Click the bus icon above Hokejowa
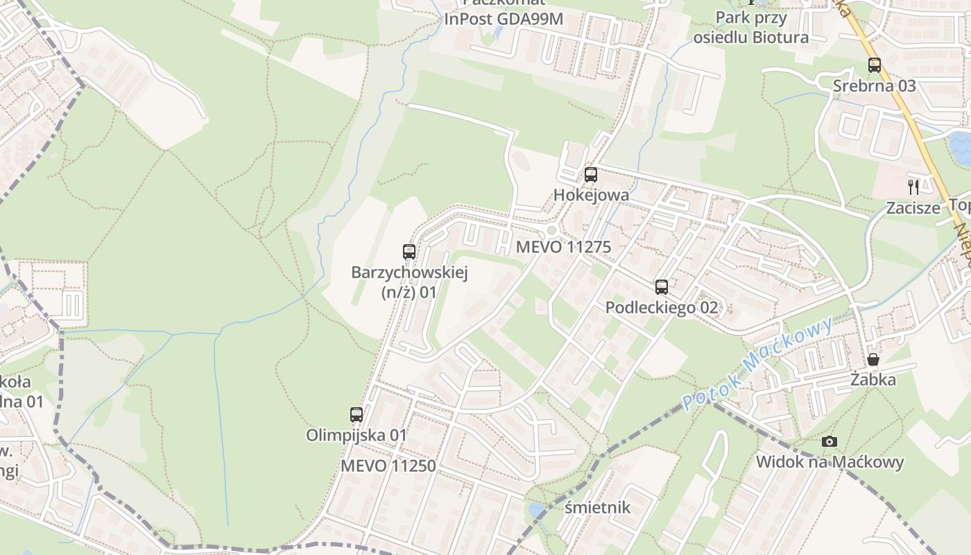click(590, 174)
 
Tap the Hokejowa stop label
click(591, 195)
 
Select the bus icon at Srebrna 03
click(874, 65)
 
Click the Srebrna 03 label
click(874, 86)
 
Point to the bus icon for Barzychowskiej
click(409, 251)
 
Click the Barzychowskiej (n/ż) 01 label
click(409, 282)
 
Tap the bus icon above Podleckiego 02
click(662, 287)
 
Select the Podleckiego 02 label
click(662, 307)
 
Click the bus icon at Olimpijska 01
click(356, 415)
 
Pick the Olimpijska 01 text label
click(356, 435)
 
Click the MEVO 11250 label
click(388, 466)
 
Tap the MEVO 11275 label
click(563, 247)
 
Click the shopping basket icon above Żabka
click(873, 359)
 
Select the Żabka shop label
click(873, 379)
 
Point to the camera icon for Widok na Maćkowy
click(829, 441)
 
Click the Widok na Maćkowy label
click(830, 462)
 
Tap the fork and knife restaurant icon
click(913, 187)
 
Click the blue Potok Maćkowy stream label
click(757, 364)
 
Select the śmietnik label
click(597, 507)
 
